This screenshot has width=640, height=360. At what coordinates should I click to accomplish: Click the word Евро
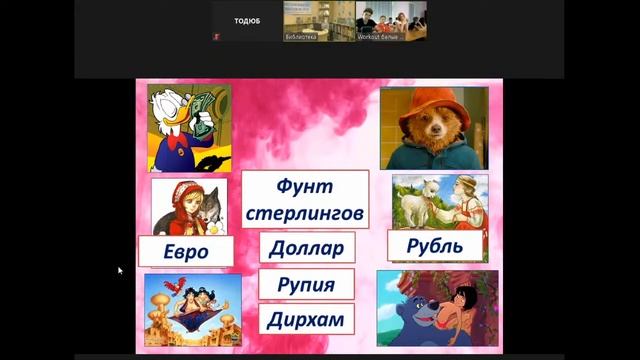185,251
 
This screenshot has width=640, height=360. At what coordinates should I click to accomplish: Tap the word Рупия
306,285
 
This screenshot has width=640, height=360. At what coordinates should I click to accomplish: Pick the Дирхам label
306,320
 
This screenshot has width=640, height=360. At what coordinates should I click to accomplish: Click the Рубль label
435,246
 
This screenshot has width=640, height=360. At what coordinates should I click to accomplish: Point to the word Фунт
304,187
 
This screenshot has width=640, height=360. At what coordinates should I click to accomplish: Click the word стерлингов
304,213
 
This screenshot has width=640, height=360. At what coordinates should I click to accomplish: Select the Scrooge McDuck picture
189,127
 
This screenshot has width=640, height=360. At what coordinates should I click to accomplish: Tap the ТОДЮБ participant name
247,20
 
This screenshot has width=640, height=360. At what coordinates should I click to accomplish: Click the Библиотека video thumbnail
315,21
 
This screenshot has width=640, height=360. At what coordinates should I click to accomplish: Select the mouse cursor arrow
120,270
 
